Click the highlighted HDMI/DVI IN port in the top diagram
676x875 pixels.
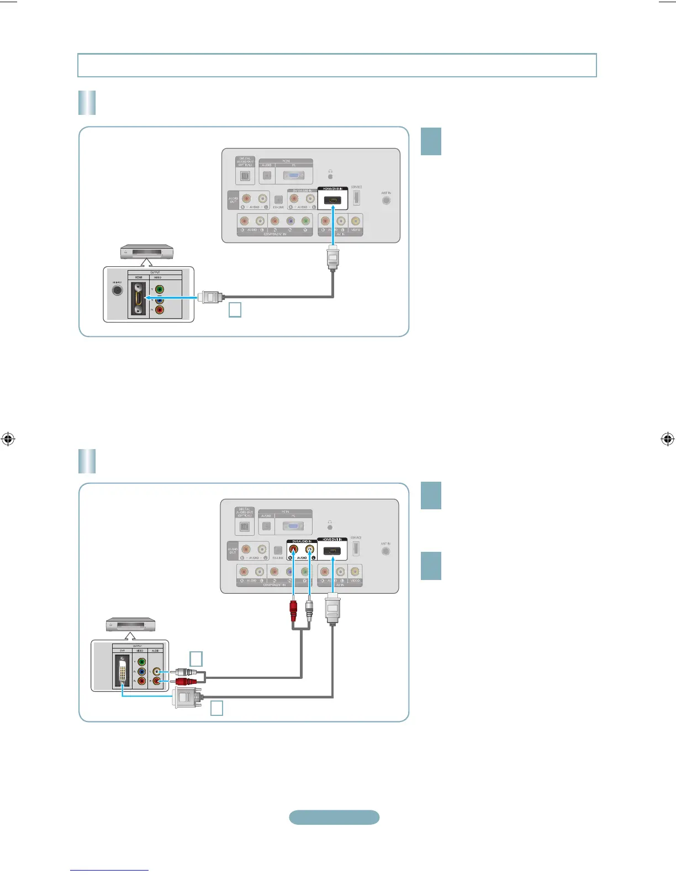click(332, 200)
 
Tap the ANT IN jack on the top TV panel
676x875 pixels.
click(386, 200)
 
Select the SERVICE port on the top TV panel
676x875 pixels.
click(357, 198)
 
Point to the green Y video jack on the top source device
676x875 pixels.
click(159, 289)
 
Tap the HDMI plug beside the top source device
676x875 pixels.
click(210, 297)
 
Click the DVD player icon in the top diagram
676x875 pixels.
click(147, 252)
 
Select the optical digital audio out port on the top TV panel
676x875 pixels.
click(245, 177)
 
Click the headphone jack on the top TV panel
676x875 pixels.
click(330, 176)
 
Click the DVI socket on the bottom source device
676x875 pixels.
click(123, 671)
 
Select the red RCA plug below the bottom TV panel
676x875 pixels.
click(293, 610)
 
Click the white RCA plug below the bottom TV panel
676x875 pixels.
click(309, 610)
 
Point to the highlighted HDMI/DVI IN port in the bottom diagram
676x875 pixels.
click(332, 551)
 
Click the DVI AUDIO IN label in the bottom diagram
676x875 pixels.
click(302, 541)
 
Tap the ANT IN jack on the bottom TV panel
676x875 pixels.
click(385, 551)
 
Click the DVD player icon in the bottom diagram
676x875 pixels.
click(130, 625)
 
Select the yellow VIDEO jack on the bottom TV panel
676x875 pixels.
click(355, 571)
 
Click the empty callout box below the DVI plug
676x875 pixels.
click(216, 708)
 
